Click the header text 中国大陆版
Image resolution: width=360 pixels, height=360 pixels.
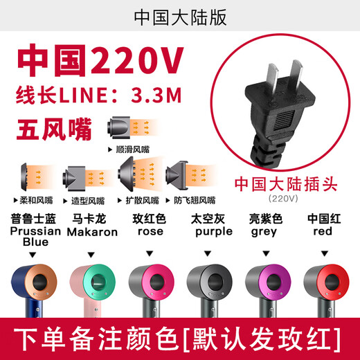179,15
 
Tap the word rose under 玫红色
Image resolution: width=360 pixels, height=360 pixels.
150,231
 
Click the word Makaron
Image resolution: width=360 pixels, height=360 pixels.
92,231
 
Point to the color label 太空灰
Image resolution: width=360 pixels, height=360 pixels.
209,218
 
